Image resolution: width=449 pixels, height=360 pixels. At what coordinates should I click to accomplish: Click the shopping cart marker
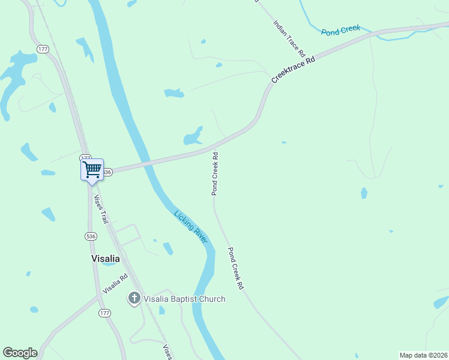(92, 169)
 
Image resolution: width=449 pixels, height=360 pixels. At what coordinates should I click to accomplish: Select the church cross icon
(134, 298)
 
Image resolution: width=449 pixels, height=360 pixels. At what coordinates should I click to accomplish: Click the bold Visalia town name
(105, 259)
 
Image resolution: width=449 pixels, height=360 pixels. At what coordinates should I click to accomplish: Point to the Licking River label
(191, 227)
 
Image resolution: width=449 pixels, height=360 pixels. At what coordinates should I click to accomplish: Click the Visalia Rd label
(115, 283)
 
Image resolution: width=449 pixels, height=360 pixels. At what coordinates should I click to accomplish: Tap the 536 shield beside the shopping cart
(107, 172)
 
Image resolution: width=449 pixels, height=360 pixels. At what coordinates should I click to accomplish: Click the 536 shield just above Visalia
(91, 236)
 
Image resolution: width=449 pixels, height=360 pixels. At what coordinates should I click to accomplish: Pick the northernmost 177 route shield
(42, 49)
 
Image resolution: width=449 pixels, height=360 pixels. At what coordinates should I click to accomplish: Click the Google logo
(20, 353)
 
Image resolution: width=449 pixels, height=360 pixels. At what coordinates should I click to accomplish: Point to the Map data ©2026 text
(423, 355)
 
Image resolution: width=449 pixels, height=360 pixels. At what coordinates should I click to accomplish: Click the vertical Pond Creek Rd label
(214, 173)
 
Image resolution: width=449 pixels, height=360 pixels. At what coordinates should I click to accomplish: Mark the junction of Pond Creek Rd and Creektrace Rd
(214, 146)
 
